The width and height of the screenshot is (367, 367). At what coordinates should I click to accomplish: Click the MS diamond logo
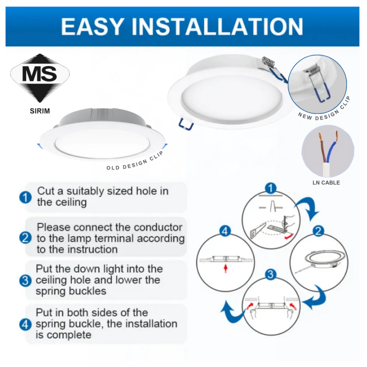[40, 78]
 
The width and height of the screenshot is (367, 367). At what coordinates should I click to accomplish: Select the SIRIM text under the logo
[40, 111]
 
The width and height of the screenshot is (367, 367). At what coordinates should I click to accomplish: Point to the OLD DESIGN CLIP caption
[135, 162]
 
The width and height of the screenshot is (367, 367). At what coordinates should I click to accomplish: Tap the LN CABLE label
[326, 182]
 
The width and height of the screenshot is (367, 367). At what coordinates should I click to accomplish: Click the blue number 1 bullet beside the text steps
[25, 197]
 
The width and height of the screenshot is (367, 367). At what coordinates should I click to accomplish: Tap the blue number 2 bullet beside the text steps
[25, 238]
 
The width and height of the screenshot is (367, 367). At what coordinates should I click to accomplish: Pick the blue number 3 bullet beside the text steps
[25, 280]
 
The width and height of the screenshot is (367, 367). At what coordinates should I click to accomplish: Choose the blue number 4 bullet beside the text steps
[25, 325]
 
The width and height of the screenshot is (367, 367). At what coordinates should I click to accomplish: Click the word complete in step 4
[69, 335]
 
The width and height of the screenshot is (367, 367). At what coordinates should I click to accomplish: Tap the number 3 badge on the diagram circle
[271, 274]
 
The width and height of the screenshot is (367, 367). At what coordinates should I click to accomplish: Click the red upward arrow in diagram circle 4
[226, 268]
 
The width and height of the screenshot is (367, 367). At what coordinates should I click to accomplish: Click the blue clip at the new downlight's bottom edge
[186, 124]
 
